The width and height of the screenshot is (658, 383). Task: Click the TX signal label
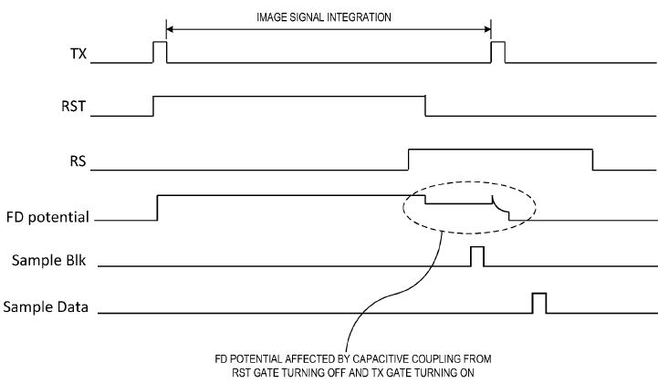click(78, 53)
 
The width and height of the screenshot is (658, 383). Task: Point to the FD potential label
click(47, 217)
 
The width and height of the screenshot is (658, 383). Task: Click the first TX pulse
click(160, 52)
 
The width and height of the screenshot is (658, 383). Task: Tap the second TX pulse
click(497, 52)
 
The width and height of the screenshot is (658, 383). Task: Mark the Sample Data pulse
click(539, 303)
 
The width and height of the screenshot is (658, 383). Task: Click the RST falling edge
click(426, 106)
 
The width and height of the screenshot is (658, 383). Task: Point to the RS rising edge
click(408, 159)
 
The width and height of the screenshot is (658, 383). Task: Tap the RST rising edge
click(153, 106)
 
